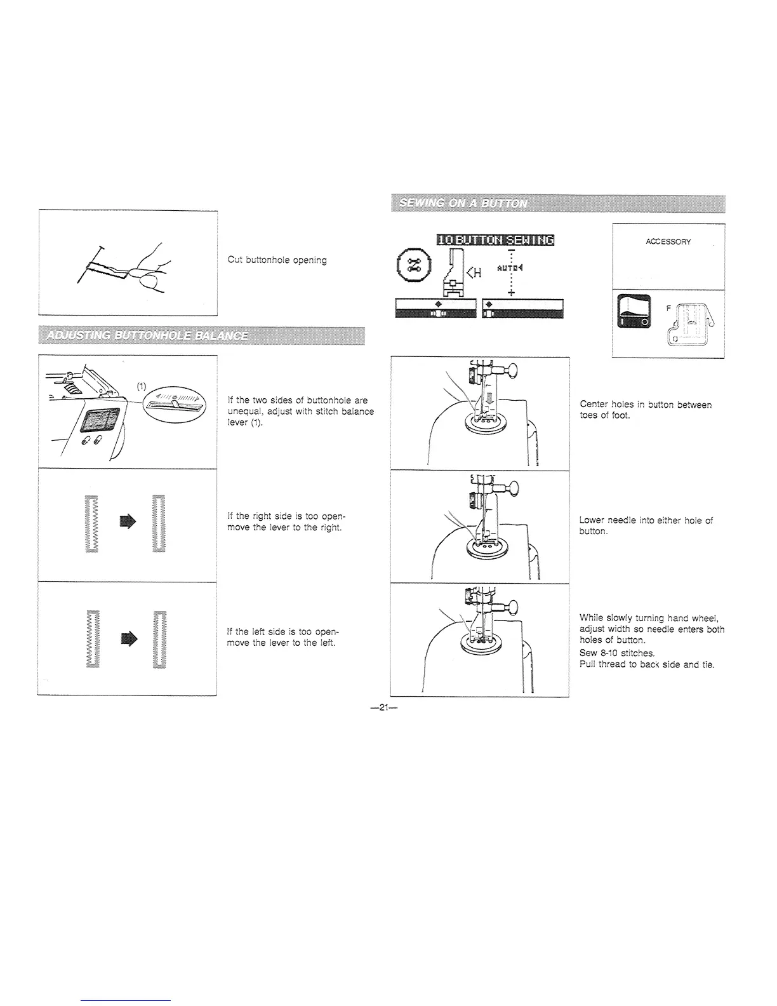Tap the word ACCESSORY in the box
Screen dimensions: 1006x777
[x=668, y=242]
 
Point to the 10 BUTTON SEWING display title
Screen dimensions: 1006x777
[x=495, y=239]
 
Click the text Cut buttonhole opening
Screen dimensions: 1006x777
[x=277, y=260]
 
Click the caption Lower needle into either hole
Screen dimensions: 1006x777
[x=646, y=525]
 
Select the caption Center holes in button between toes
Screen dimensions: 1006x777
[x=646, y=410]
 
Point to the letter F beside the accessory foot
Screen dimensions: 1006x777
[x=667, y=307]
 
